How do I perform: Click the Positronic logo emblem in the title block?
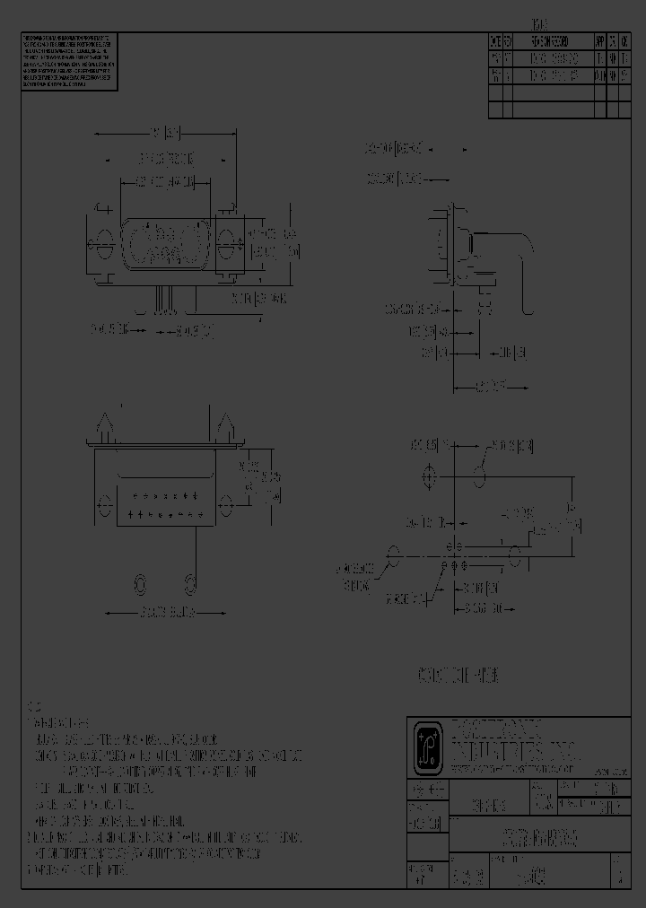[x=426, y=745]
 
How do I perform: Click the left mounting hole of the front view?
[x=102, y=241]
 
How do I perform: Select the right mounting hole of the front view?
[x=227, y=241]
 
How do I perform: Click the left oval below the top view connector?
[x=140, y=585]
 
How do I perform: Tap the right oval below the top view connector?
[x=190, y=585]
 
